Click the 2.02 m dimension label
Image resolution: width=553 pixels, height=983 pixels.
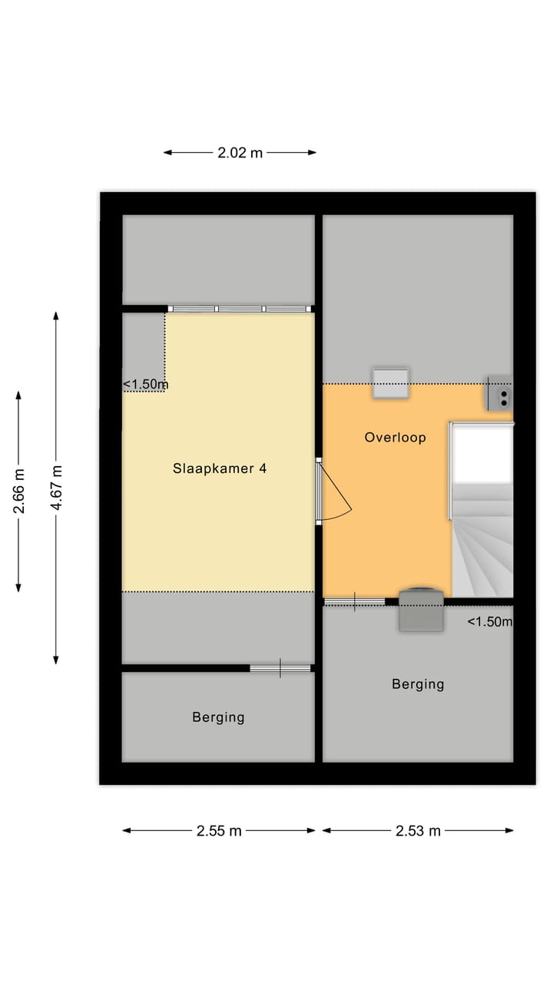[240, 153]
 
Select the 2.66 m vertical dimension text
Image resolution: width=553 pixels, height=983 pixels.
[19, 491]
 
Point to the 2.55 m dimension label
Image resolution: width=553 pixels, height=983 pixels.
[219, 830]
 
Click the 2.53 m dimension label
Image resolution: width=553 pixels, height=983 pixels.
[418, 830]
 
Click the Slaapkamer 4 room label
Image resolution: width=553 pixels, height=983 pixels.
[220, 468]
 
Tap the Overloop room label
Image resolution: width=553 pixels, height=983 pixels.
[395, 438]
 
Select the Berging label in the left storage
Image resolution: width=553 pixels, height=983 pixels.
[218, 717]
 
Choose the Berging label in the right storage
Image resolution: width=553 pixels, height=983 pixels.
[418, 683]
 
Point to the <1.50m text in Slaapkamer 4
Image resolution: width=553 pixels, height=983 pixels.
[145, 385]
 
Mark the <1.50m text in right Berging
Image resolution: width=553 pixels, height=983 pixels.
[489, 622]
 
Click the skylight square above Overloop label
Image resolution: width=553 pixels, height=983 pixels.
[390, 382]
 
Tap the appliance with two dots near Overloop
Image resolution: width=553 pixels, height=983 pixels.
[500, 393]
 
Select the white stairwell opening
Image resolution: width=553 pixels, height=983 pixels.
[482, 452]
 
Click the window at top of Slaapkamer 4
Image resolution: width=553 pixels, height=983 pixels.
[240, 309]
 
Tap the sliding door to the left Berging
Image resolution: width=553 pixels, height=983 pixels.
[280, 668]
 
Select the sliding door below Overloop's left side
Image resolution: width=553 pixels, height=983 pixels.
[354, 601]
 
